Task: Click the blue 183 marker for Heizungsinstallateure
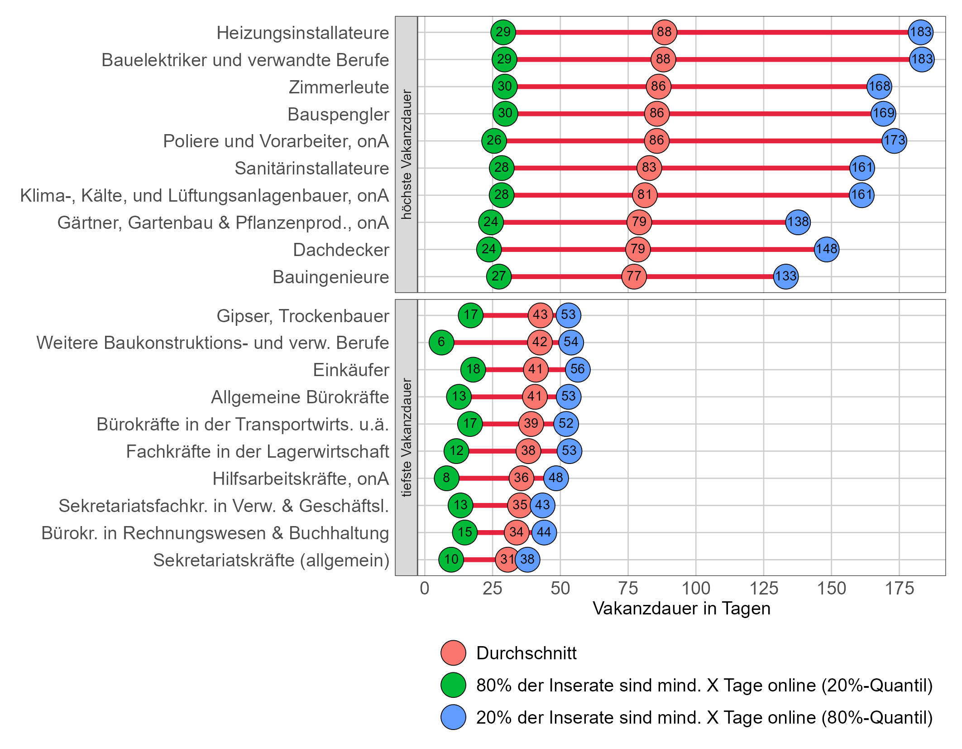[x=920, y=32]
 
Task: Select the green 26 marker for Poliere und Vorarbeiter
[x=494, y=140]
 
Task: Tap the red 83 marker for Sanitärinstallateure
[x=649, y=168]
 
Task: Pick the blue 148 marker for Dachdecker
[x=826, y=249]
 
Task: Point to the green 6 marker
[x=441, y=342]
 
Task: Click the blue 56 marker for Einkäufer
[x=578, y=369]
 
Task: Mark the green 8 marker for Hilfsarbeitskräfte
[x=446, y=478]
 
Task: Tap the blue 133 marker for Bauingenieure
[x=785, y=276]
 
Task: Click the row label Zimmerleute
[x=339, y=87]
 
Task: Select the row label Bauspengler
[x=338, y=114]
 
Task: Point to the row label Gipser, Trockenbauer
[x=302, y=316]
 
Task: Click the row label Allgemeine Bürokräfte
[x=300, y=397]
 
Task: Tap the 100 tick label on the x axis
[x=696, y=589]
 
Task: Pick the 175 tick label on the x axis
[x=899, y=589]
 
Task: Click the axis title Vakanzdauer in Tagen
[x=681, y=609]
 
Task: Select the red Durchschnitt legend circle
[x=453, y=653]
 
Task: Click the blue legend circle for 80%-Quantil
[x=453, y=717]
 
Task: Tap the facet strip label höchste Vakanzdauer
[x=407, y=155]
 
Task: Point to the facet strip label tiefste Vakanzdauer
[x=407, y=438]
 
